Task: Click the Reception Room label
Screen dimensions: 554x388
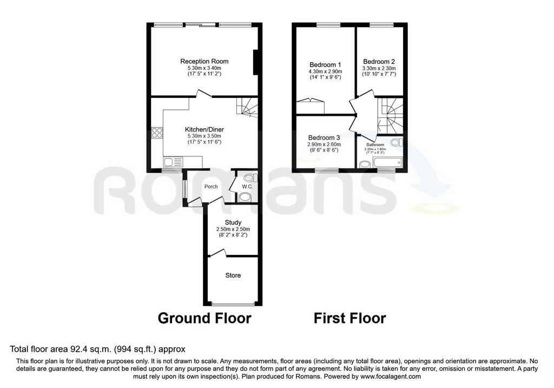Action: (x=204, y=61)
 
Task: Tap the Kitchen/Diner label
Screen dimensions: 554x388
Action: (x=204, y=129)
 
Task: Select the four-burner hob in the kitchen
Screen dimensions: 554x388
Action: (x=157, y=133)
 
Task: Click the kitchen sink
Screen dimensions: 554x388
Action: (x=173, y=162)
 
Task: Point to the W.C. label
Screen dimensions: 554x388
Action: (x=247, y=186)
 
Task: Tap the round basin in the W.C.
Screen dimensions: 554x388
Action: (x=244, y=197)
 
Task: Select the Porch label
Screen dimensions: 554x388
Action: (x=211, y=187)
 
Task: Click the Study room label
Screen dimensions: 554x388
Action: (x=233, y=222)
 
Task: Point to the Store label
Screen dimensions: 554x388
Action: (x=233, y=275)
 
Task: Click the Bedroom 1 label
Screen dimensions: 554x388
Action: (x=325, y=65)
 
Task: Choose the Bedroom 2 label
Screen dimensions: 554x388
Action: (x=379, y=62)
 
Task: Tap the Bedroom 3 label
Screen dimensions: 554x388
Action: (x=324, y=137)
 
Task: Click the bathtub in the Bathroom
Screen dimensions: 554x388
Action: (x=387, y=162)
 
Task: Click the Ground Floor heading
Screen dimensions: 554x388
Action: (x=204, y=318)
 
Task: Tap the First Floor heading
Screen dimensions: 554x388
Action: (x=349, y=318)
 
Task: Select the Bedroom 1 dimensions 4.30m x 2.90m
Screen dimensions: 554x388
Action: (x=325, y=71)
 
